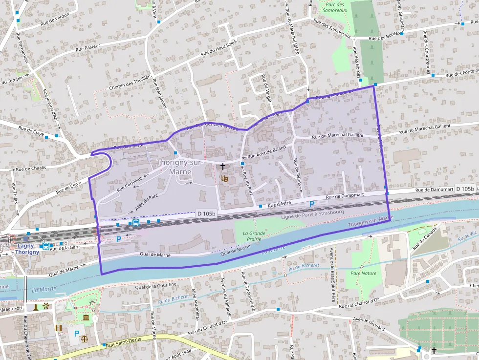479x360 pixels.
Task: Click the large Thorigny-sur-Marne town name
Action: tap(179, 167)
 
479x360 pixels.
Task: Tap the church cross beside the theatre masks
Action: tap(223, 167)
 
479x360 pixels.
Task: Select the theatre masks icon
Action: tap(224, 178)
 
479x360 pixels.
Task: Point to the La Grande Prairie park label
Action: tap(254, 236)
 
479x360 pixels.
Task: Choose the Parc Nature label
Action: tap(364, 273)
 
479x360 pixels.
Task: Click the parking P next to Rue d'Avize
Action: tap(311, 204)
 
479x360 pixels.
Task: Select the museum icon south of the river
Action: tap(86, 318)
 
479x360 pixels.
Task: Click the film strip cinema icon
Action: tap(59, 328)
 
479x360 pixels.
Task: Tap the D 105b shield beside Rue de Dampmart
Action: tap(464, 189)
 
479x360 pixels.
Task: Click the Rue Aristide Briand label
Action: tap(266, 151)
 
